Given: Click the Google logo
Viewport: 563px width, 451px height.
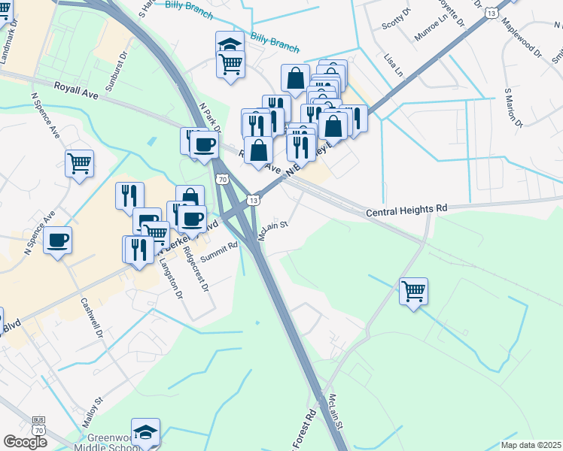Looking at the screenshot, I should click(25, 442).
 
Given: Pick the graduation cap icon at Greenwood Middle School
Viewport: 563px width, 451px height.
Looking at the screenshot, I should click(145, 431).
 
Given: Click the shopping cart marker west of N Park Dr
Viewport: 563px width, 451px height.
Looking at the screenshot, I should click(79, 162).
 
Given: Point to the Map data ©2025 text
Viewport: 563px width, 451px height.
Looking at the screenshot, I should click(530, 445).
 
